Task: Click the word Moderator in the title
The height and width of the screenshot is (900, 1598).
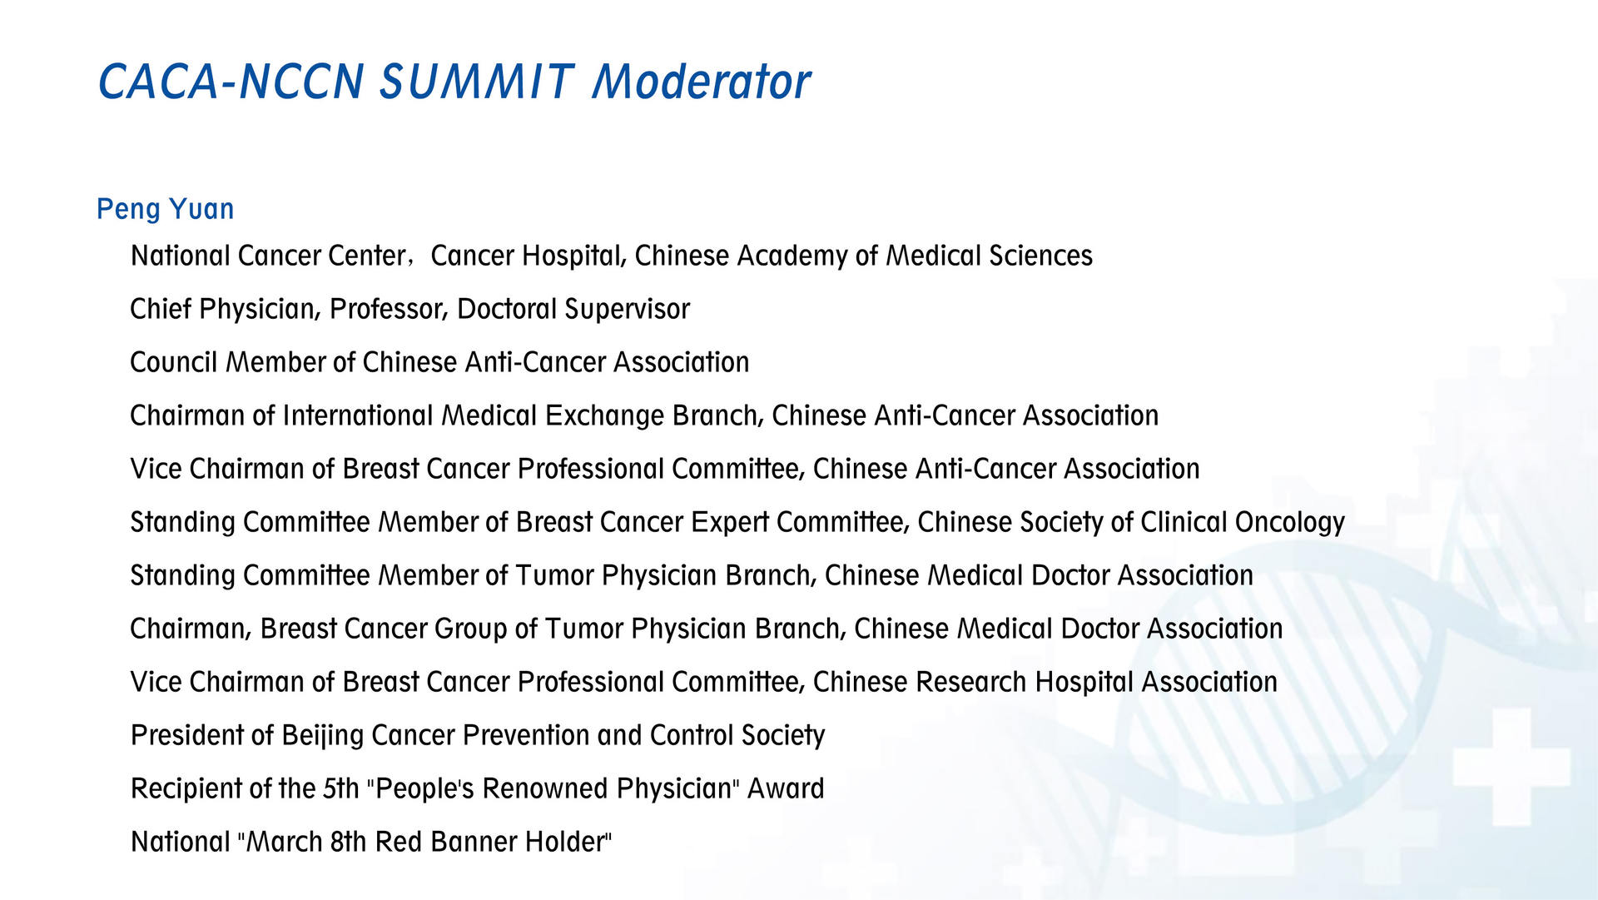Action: click(x=701, y=82)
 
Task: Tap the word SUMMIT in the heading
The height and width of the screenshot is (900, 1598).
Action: click(x=477, y=82)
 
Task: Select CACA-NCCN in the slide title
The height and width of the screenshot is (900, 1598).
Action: click(x=231, y=82)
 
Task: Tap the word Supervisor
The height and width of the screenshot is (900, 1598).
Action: click(x=627, y=310)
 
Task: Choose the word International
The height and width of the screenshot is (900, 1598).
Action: click(x=358, y=415)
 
